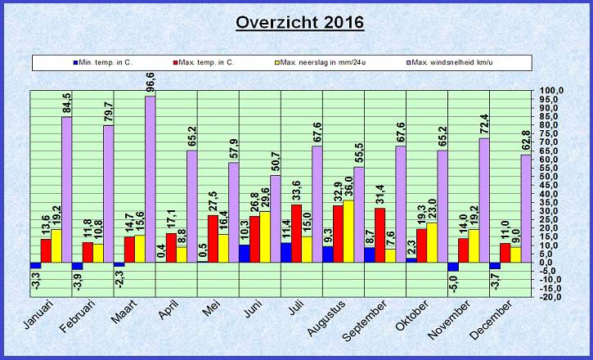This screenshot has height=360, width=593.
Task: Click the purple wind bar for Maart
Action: coord(150,179)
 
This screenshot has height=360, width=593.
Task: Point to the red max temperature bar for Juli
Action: coord(295,233)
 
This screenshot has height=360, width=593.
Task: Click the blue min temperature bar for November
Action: coord(452,267)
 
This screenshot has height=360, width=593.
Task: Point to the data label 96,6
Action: coord(150,83)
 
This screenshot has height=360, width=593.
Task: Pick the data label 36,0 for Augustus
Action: coord(348,187)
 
